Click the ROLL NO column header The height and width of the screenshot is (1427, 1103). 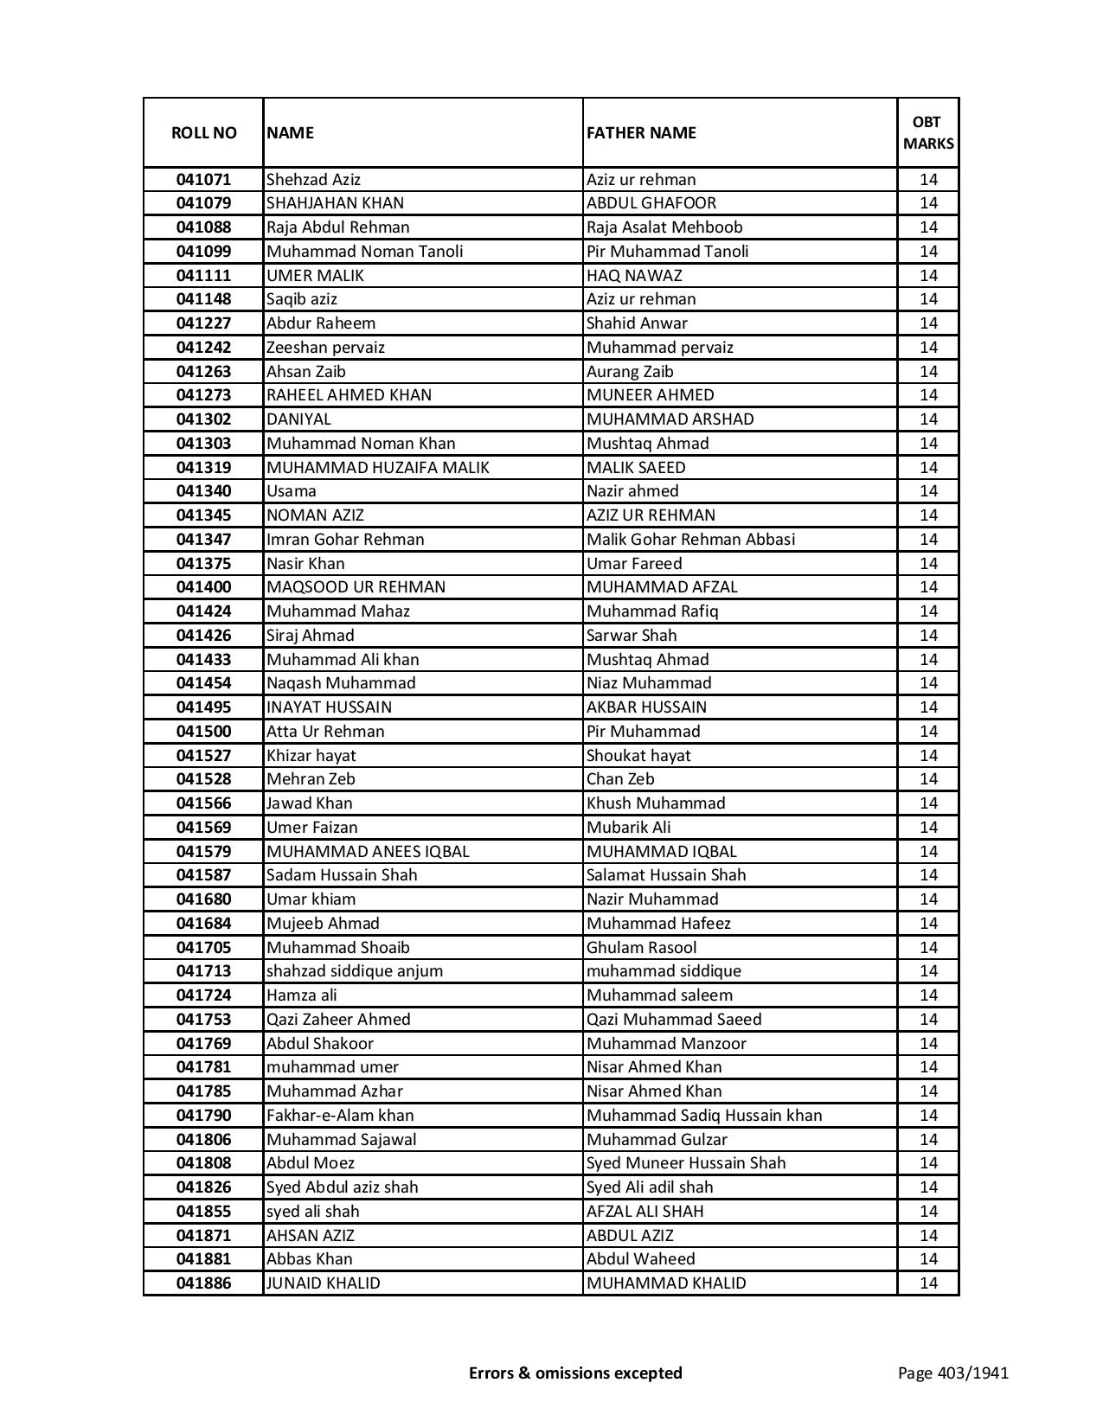click(x=203, y=132)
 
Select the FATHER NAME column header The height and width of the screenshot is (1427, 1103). click(x=641, y=132)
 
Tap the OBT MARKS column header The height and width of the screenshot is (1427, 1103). click(x=928, y=132)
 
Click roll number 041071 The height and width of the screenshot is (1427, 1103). click(x=203, y=180)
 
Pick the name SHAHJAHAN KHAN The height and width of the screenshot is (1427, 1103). click(x=335, y=203)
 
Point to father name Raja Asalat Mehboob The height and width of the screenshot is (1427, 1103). click(x=664, y=227)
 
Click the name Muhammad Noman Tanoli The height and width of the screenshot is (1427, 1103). click(x=364, y=252)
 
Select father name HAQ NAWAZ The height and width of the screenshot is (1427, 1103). click(x=634, y=276)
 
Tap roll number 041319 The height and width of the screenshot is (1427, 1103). click(x=203, y=468)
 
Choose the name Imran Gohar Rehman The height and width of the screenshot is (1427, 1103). click(x=345, y=540)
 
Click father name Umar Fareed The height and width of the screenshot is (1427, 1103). click(x=634, y=564)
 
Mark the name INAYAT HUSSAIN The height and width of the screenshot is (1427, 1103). click(x=329, y=707)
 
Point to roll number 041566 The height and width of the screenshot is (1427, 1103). click(x=203, y=803)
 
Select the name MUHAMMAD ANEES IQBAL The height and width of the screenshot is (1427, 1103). click(x=368, y=852)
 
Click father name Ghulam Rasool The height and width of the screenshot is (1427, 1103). click(x=641, y=948)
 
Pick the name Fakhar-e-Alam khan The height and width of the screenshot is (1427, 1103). click(x=340, y=1116)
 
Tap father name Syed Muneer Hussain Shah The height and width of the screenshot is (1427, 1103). click(x=686, y=1163)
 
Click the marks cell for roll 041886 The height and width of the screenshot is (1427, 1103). click(x=928, y=1283)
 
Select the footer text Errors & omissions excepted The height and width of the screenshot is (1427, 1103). click(x=575, y=1373)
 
